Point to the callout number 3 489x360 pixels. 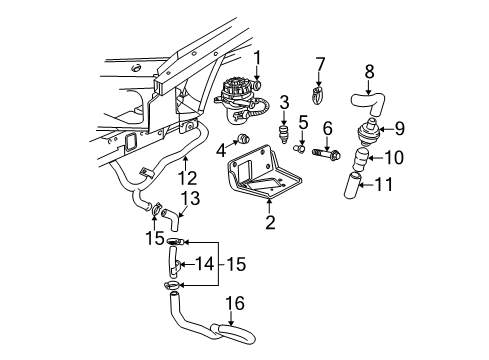pyautogui.click(x=283, y=103)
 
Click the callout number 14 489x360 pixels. pyautogui.click(x=205, y=265)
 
